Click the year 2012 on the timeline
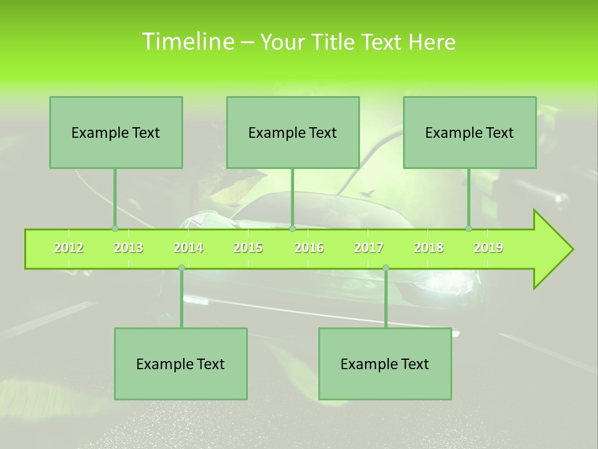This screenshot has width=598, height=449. click(69, 248)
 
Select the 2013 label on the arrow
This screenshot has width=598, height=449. click(128, 248)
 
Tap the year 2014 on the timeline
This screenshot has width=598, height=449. click(188, 248)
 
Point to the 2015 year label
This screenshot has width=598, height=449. click(248, 248)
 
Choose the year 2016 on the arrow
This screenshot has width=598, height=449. click(309, 248)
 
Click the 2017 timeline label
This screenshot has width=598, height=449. click(369, 248)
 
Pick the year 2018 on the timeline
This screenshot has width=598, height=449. click(429, 248)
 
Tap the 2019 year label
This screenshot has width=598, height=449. click(488, 248)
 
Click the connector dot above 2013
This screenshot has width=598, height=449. click(115, 229)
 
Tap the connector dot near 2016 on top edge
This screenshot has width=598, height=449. click(292, 229)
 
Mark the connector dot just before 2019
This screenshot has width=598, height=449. click(468, 229)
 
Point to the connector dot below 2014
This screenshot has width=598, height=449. click(181, 268)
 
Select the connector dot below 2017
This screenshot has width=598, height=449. click(386, 268)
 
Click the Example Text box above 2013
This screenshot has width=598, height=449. click(116, 132)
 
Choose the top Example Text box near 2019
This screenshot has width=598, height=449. click(470, 132)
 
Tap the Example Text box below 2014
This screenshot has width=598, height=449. click(181, 364)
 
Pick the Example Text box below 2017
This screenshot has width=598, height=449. click(385, 364)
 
